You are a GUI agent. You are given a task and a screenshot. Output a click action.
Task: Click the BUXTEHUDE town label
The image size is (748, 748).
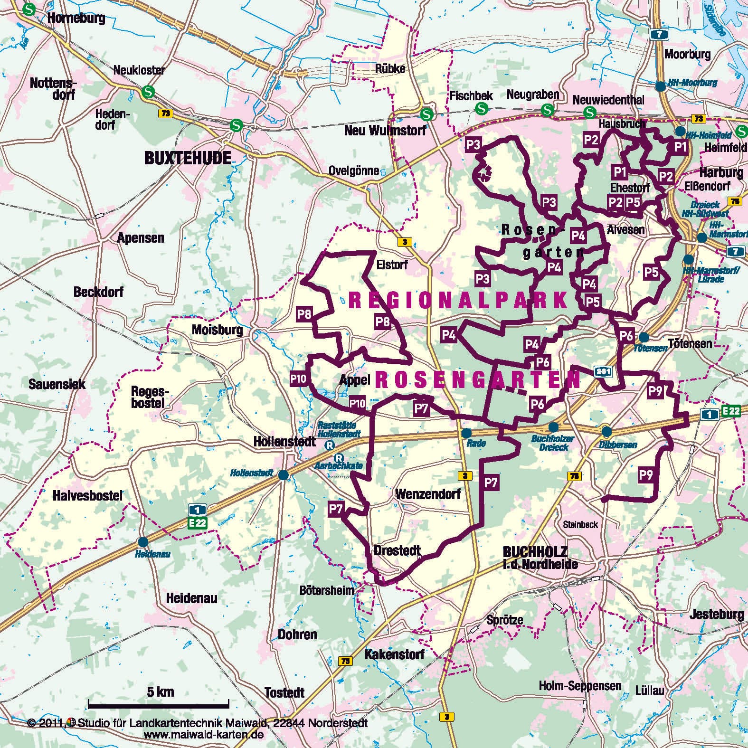[188, 158]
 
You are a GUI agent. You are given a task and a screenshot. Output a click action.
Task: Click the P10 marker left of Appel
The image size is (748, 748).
[299, 379]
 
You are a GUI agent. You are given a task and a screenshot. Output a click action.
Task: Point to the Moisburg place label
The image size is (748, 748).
[217, 330]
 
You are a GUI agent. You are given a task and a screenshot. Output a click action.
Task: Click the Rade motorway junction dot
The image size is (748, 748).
[466, 433]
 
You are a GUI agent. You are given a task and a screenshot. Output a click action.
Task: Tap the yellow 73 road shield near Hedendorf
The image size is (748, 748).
[165, 114]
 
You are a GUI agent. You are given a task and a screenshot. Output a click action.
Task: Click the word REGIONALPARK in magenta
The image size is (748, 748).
[458, 301]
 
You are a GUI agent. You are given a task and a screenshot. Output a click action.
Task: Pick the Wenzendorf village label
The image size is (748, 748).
[428, 494]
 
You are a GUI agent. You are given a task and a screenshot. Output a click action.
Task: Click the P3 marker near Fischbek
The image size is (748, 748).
[473, 145]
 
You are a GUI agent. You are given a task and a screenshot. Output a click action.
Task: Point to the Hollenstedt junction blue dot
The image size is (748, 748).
[283, 474]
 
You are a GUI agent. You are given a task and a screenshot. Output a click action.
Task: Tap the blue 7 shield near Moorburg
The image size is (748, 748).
[660, 34]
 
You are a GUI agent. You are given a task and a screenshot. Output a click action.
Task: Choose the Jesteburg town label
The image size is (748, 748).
[717, 614]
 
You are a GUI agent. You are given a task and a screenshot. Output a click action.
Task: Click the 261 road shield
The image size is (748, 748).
[603, 372]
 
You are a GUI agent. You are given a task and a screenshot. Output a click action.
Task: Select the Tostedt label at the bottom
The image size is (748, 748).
[284, 692]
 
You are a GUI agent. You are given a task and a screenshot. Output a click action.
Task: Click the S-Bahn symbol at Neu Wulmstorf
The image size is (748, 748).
[427, 114]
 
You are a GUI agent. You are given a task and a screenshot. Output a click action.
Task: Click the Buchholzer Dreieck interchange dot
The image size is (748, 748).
[553, 427]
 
